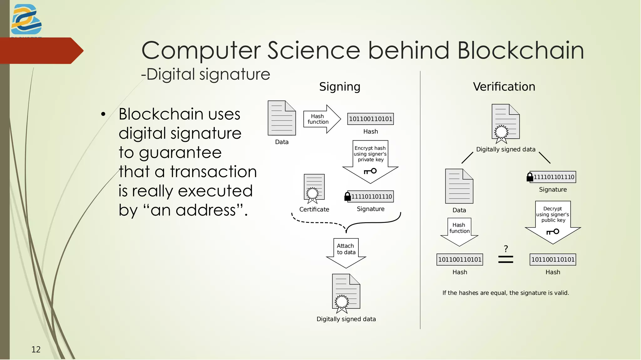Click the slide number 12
[x=36, y=349]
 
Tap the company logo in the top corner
[x=26, y=20]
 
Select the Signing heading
[x=340, y=87]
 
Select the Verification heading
[x=504, y=87]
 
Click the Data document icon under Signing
[x=282, y=118]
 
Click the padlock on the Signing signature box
[x=347, y=197]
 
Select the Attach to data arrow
[x=346, y=252]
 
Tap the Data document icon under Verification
[x=459, y=186]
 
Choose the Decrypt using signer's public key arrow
[x=553, y=221]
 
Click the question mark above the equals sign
[x=506, y=249]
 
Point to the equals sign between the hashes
[x=505, y=259]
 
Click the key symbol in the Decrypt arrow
[x=553, y=232]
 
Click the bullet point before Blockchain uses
[x=103, y=114]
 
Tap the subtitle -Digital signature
[x=206, y=75]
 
